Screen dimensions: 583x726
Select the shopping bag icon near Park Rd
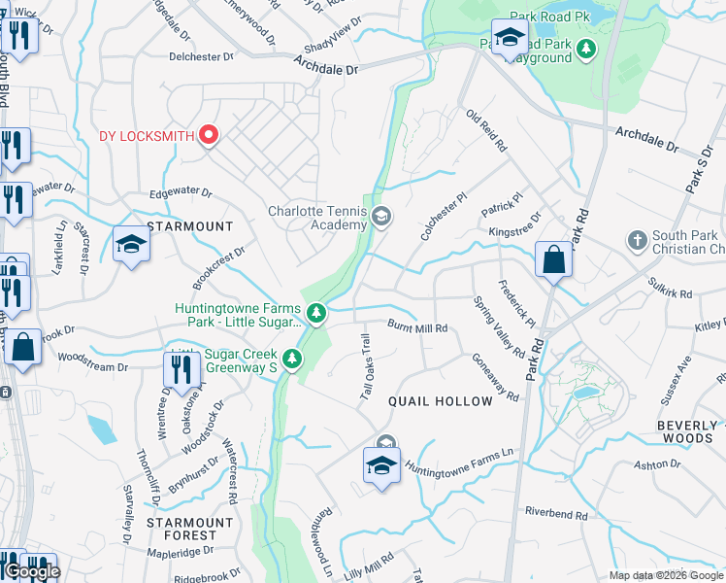[553, 260]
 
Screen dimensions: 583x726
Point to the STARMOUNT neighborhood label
[190, 226]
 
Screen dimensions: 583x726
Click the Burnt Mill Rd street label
[417, 327]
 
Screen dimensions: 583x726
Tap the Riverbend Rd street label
[556, 515]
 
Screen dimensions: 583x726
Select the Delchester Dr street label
[202, 56]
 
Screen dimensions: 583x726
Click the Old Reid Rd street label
[487, 131]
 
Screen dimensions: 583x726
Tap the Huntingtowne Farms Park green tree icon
[316, 312]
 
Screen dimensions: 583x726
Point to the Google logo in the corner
[32, 571]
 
